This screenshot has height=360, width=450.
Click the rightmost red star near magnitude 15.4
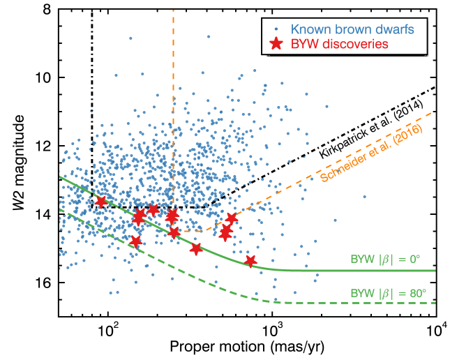click(x=250, y=261)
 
